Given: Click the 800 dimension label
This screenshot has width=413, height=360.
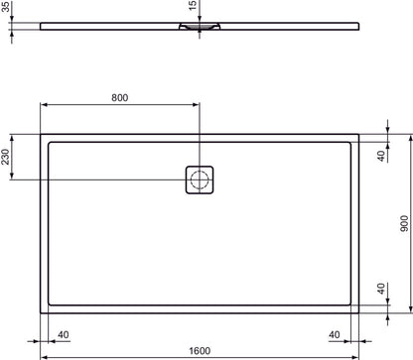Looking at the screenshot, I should (x=119, y=98).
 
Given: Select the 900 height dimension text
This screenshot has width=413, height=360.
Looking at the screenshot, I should (x=403, y=226).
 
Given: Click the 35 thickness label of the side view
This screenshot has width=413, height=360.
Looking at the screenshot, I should (x=6, y=14).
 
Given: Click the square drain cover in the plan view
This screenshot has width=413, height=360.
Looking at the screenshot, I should (x=201, y=180).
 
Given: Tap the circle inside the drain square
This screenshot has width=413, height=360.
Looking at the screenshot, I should (x=201, y=180).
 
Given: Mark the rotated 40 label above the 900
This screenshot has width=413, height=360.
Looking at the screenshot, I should (x=382, y=155).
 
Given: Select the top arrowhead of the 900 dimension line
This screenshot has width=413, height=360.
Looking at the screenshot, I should (x=410, y=137).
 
